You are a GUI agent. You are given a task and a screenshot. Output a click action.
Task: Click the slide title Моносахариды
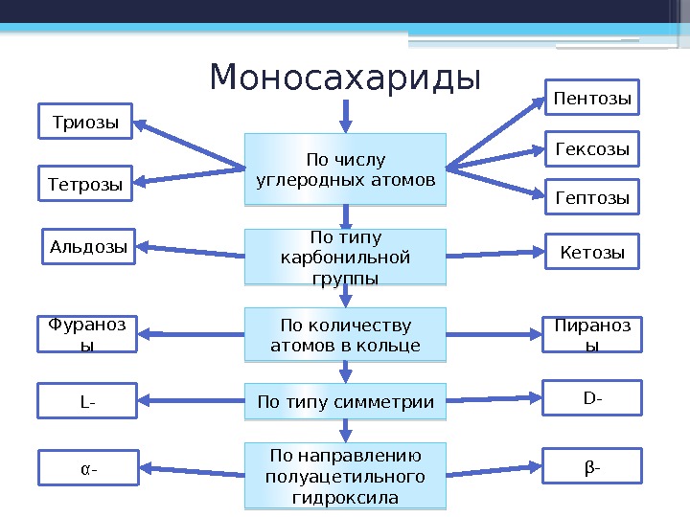point(345,78)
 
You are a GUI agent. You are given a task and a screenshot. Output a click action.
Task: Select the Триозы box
point(85,123)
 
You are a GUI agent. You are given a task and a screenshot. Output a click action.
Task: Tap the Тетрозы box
point(85,184)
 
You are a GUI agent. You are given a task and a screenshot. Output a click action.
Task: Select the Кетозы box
point(592,253)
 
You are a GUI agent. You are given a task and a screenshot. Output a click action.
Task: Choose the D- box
point(592,396)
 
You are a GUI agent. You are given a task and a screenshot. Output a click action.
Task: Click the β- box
point(592,466)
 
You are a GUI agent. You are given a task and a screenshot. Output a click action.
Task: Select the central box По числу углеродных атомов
point(346,169)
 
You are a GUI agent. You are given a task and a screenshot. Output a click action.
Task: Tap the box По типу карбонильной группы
point(346,257)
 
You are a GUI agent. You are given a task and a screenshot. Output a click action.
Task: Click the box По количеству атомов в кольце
point(346,333)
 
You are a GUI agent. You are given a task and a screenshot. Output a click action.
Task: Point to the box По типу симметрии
point(346,402)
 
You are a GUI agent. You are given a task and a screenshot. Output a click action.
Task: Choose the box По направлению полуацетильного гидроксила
point(346,475)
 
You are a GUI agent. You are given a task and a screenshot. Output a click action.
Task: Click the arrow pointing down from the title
point(346,113)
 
